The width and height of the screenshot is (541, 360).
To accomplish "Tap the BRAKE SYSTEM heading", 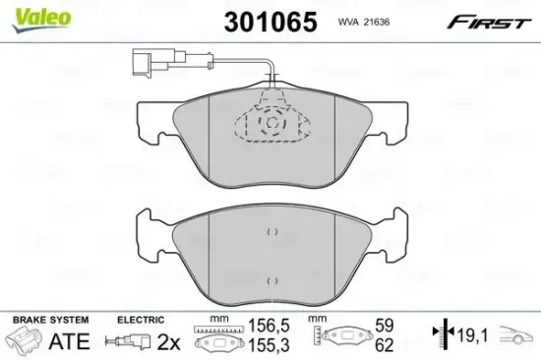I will pyautogui.click(x=48, y=321).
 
